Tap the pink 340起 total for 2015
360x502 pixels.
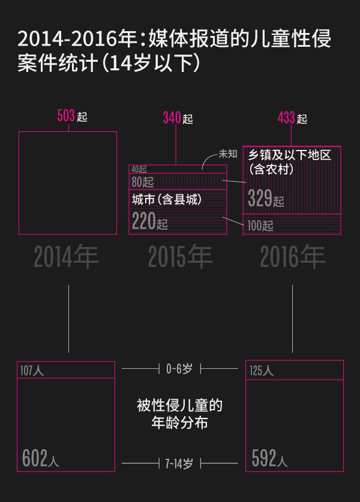178,118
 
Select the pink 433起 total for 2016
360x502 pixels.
292,118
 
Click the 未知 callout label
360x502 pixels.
228,154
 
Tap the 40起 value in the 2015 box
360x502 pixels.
139,169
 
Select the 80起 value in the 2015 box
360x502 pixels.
143,182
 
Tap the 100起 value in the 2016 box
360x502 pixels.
260,226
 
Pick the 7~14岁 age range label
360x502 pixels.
179,463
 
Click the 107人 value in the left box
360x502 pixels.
31,371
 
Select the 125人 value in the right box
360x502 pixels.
261,371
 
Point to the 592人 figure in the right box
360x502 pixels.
269,459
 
